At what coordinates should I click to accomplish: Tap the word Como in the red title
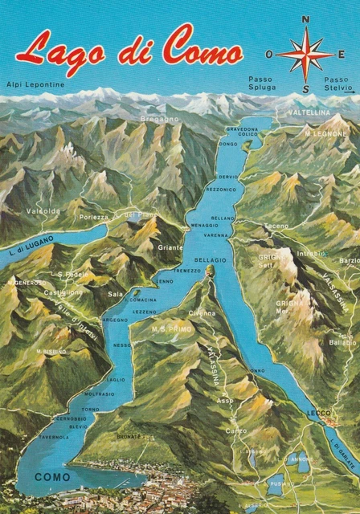[x=202, y=47]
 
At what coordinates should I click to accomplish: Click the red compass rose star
[x=305, y=55]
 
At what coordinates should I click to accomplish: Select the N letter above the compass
[x=305, y=20]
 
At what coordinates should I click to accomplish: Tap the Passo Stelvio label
[x=337, y=84]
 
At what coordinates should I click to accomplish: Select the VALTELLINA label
[x=310, y=112]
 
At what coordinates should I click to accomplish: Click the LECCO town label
[x=318, y=413]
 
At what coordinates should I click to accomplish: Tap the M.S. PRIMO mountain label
[x=170, y=328]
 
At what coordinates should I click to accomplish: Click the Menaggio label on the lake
[x=204, y=226]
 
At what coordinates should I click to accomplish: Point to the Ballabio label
[x=342, y=342]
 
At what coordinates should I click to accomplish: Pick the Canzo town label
[x=236, y=430]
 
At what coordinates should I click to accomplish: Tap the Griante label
[x=170, y=247]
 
